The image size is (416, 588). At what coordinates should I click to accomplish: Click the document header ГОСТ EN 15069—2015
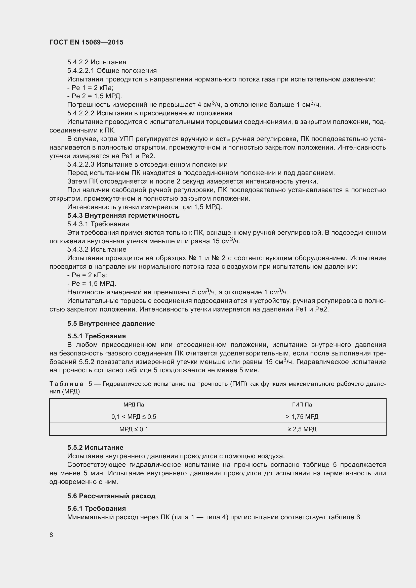pyautogui.click(x=86, y=42)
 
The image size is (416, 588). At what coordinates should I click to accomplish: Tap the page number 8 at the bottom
pyautogui.click(x=51, y=535)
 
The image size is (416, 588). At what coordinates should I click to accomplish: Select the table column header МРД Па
pyautogui.click(x=134, y=405)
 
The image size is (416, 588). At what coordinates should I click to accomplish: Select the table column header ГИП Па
pyautogui.click(x=302, y=405)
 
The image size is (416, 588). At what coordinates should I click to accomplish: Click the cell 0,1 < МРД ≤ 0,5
pyautogui.click(x=134, y=417)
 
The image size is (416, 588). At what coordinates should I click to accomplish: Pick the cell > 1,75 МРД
pyautogui.click(x=302, y=417)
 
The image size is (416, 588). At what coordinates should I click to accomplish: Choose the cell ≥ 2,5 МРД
pyautogui.click(x=302, y=429)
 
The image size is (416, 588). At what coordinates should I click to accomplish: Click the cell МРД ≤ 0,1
pyautogui.click(x=134, y=429)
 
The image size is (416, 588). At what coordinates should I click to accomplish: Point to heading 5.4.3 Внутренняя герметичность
pyautogui.click(x=123, y=216)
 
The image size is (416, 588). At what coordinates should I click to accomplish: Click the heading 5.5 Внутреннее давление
pyautogui.click(x=111, y=324)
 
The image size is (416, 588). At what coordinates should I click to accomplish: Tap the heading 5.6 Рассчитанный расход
pyautogui.click(x=111, y=496)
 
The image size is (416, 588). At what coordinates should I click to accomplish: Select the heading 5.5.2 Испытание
pyautogui.click(x=95, y=447)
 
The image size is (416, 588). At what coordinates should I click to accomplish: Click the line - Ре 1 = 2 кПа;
pyautogui.click(x=91, y=88)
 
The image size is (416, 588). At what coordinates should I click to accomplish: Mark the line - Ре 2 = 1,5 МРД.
pyautogui.click(x=95, y=96)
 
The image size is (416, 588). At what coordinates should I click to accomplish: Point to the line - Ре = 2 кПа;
pyautogui.click(x=87, y=275)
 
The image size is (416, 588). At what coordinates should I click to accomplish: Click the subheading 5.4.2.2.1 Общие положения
pyautogui.click(x=112, y=71)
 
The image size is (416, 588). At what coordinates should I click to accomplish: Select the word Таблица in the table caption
pyautogui.click(x=66, y=384)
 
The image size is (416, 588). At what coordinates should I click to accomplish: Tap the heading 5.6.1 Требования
pyautogui.click(x=97, y=508)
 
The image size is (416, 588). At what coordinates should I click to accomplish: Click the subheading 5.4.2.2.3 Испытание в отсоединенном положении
pyautogui.click(x=147, y=164)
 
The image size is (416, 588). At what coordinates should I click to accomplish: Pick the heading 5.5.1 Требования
pyautogui.click(x=97, y=336)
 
